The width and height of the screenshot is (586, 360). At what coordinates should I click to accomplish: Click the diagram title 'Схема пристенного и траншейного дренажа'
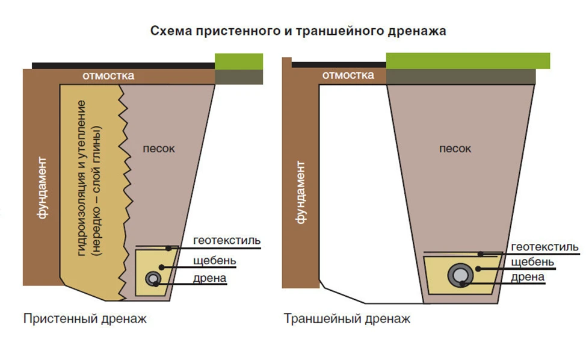click(298, 31)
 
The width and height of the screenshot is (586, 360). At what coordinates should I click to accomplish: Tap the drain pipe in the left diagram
click(153, 279)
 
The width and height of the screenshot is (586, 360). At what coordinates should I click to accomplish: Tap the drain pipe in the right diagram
click(460, 275)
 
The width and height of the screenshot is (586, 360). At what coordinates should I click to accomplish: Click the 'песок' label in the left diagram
click(159, 149)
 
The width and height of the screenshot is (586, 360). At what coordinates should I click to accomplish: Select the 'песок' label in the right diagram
click(455, 149)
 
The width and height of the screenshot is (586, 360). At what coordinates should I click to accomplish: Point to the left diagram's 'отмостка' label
click(108, 76)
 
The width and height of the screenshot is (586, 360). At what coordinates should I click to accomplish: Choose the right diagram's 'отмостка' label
click(348, 75)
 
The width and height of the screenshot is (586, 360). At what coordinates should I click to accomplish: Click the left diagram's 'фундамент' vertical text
click(42, 188)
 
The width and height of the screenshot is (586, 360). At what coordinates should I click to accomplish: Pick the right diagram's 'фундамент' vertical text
click(300, 193)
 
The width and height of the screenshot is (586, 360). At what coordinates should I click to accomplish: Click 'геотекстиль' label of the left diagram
click(227, 240)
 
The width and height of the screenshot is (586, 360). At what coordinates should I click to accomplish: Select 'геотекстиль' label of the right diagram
click(544, 247)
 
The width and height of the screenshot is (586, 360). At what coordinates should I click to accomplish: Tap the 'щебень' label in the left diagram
click(215, 261)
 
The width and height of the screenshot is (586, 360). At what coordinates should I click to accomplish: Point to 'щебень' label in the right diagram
click(532, 262)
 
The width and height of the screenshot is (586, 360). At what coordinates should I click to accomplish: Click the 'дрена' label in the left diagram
click(209, 279)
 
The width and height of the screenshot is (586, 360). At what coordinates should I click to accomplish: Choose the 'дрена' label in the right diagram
click(527, 278)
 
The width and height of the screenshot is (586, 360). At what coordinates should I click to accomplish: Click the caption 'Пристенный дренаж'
click(85, 319)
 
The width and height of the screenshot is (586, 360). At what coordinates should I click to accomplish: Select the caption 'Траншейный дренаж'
click(347, 319)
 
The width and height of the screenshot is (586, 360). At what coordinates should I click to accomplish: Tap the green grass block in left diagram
click(239, 61)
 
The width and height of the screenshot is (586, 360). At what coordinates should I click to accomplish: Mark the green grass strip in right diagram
click(468, 61)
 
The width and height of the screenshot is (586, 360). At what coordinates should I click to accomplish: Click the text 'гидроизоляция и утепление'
click(81, 178)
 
